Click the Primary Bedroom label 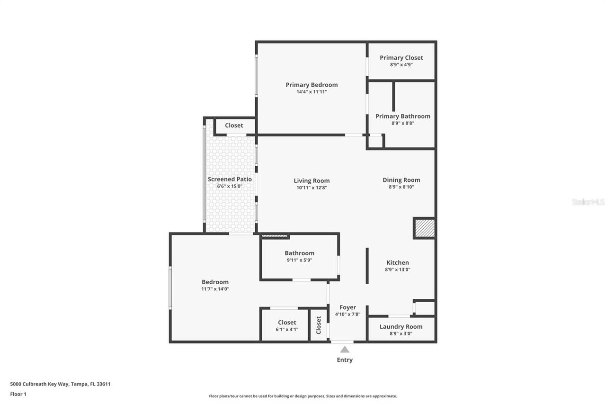[312, 85]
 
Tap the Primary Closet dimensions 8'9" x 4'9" [401, 64]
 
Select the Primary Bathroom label [402, 116]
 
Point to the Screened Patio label [230, 179]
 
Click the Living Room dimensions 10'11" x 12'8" [312, 188]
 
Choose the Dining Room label [401, 180]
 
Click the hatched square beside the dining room [424, 228]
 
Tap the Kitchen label [397, 263]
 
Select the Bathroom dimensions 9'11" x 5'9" [299, 260]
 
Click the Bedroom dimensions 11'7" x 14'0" [215, 289]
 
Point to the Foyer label [348, 307]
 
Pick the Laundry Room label [401, 326]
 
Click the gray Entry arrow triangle [345, 350]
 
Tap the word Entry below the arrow [345, 360]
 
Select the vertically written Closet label [319, 325]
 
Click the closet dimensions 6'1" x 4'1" [287, 330]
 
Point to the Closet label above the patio [234, 126]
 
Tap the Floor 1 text [18, 394]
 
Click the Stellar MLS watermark [588, 202]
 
